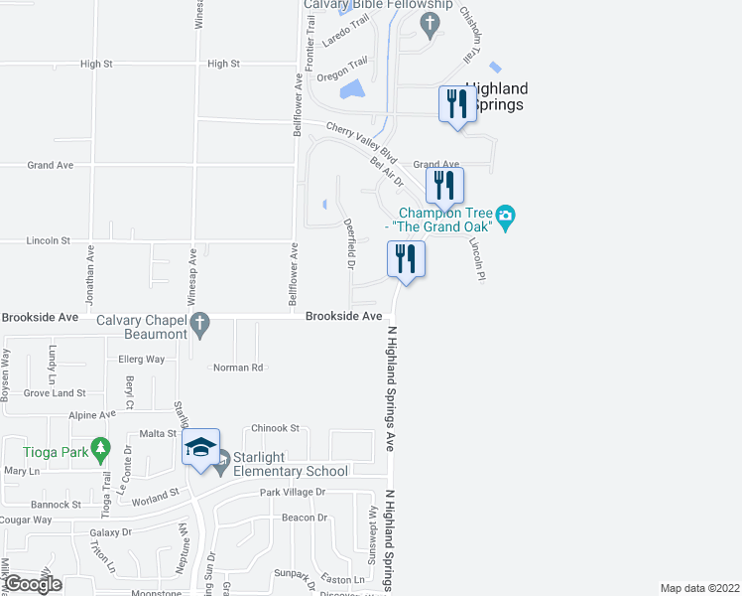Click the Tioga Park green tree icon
pyautogui.click(x=100, y=451)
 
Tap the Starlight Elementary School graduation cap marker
pyautogui.click(x=199, y=448)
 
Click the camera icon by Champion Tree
pyautogui.click(x=506, y=216)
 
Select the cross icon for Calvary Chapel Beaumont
pyautogui.click(x=198, y=323)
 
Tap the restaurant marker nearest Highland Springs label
pyautogui.click(x=457, y=105)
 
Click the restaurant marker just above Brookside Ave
pyautogui.click(x=406, y=260)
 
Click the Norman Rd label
pyautogui.click(x=237, y=368)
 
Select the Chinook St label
pyautogui.click(x=276, y=428)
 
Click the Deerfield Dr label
pyautogui.click(x=349, y=244)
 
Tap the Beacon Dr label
pyautogui.click(x=305, y=518)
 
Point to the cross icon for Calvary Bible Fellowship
pyautogui.click(x=429, y=22)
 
